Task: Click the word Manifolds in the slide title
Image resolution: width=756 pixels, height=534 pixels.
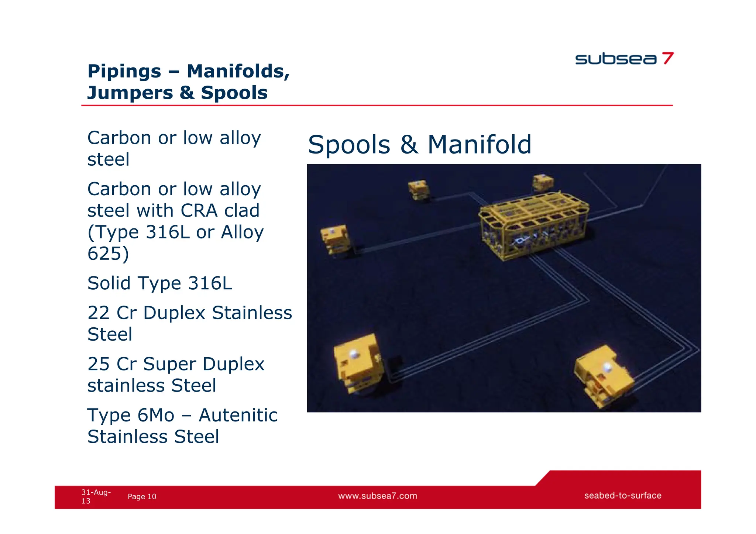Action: tap(238, 71)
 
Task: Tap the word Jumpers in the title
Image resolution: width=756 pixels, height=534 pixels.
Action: tap(130, 93)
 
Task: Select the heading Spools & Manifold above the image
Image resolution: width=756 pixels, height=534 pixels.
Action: tap(419, 144)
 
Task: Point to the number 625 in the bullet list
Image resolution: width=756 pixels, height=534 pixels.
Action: tap(108, 254)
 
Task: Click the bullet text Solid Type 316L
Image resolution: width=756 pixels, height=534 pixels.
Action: tap(159, 283)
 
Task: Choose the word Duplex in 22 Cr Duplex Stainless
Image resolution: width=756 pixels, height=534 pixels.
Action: tap(174, 313)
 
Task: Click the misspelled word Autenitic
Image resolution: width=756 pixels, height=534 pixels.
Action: tap(238, 415)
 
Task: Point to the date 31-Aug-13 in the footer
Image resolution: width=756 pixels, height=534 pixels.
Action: tap(95, 496)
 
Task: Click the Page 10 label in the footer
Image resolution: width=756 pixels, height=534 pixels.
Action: tap(142, 497)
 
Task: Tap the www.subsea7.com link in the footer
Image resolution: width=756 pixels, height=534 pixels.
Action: tap(378, 496)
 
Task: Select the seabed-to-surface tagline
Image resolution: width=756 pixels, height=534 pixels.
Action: tap(622, 496)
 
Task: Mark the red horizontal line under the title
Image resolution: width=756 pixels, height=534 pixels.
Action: tap(377, 106)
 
